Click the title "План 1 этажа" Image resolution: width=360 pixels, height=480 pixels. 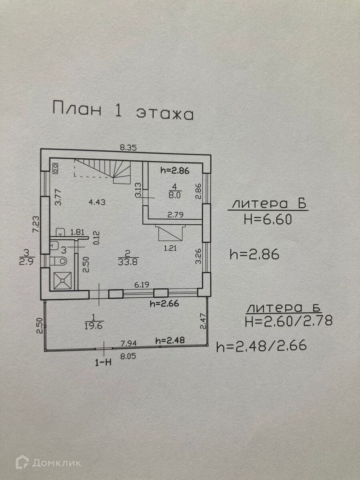pos(123,110)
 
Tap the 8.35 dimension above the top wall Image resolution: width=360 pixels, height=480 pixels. pos(129,147)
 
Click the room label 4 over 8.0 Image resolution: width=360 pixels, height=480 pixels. pos(174,190)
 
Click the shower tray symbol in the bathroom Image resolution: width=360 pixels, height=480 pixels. pos(62,280)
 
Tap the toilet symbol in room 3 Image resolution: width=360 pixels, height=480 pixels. pos(60,261)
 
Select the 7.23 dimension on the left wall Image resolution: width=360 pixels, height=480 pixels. pos(36,225)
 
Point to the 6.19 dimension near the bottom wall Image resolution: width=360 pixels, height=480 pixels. pos(141,285)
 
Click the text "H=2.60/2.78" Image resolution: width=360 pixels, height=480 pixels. pos(288,320)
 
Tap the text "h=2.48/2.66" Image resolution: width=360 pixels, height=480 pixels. pos(261,346)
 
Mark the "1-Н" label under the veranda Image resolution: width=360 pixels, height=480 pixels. pos(103,362)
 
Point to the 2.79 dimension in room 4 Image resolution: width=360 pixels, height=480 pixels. pos(175,215)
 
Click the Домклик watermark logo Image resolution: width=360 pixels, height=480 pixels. pos(48,463)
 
